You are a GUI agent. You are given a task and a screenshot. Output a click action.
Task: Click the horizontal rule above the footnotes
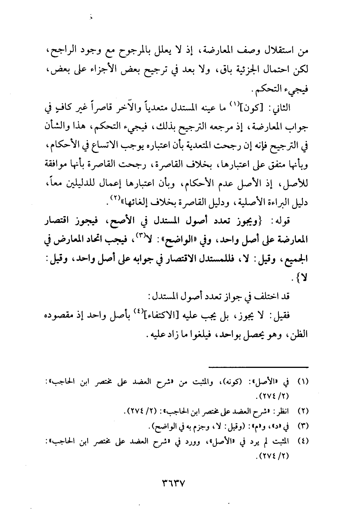[x=258, y=366]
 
